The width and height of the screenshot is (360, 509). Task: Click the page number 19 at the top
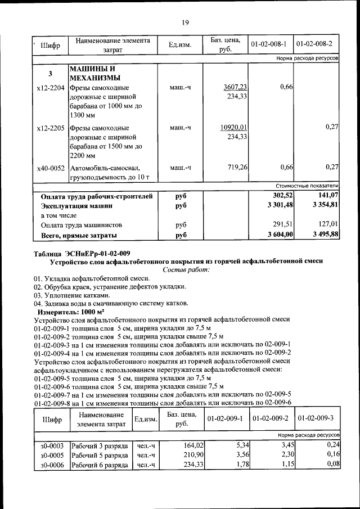pyautogui.click(x=184, y=22)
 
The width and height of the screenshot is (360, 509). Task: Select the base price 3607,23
pyautogui.click(x=236, y=87)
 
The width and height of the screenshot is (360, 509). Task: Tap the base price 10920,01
pyautogui.click(x=235, y=128)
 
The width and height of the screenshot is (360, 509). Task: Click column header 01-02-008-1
pyautogui.click(x=269, y=44)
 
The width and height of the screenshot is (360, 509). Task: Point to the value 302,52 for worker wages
pyautogui.click(x=282, y=195)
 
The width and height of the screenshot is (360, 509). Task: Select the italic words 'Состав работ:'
pyautogui.click(x=186, y=270)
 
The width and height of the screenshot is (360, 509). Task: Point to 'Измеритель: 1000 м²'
pyautogui.click(x=71, y=311)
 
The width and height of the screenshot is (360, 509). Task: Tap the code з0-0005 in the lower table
pyautogui.click(x=52, y=455)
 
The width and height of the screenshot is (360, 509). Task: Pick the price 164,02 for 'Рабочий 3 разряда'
pyautogui.click(x=193, y=445)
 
